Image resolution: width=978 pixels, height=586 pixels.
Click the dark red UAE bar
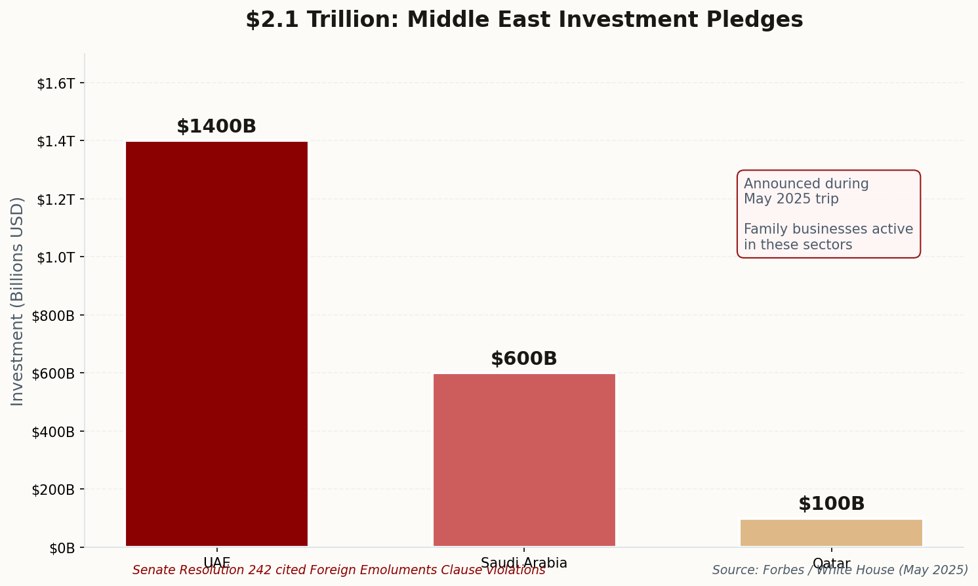(216, 343)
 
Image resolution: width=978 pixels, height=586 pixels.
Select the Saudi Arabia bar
(524, 459)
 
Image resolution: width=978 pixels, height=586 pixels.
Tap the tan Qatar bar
(831, 533)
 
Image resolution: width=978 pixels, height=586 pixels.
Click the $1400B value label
(216, 127)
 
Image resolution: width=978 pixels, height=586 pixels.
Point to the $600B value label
(524, 359)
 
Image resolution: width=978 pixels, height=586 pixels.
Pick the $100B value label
(831, 504)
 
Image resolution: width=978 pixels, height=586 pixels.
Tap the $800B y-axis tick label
(53, 316)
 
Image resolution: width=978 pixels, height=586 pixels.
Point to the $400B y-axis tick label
(53, 432)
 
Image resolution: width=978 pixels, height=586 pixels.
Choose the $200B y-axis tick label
(53, 490)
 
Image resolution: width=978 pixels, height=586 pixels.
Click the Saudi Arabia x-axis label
(524, 563)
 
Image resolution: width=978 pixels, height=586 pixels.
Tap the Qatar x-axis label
(831, 564)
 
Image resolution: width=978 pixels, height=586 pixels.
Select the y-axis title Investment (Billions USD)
(18, 301)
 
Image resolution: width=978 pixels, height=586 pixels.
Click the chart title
(524, 20)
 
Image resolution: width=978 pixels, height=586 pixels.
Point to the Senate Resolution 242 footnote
(338, 570)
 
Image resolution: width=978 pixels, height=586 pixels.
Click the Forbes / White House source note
(840, 570)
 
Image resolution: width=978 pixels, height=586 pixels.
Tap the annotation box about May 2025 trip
(828, 214)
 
